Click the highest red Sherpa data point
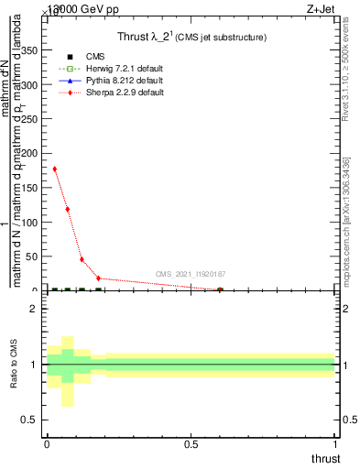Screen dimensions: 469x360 pos(55,169)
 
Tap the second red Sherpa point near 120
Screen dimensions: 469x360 pos(68,209)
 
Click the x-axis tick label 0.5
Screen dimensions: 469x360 pos(191,444)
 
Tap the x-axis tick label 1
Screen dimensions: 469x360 pos(335,444)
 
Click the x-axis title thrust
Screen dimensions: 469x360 pos(324,458)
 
